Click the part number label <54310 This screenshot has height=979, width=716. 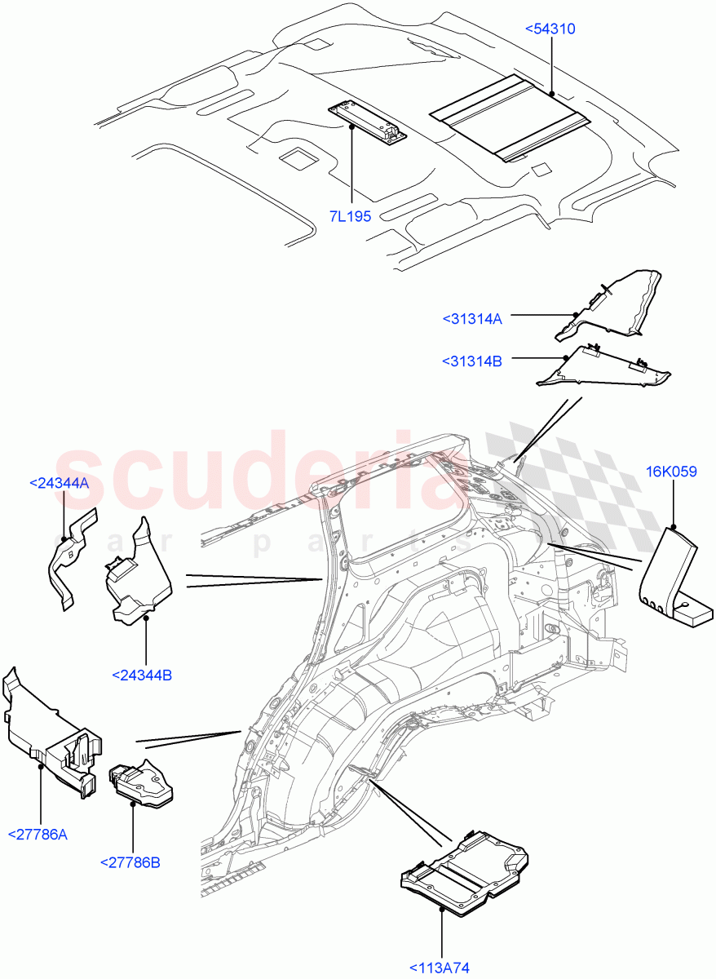(x=550, y=29)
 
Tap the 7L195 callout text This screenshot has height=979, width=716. (x=351, y=215)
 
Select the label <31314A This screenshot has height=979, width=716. (x=472, y=319)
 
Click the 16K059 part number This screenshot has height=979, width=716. (x=671, y=472)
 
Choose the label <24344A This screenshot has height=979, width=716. (x=59, y=483)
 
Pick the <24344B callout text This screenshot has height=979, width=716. (x=146, y=675)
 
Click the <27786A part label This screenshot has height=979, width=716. (x=38, y=834)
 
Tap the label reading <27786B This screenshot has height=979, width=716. (x=130, y=862)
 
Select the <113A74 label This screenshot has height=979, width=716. (x=440, y=968)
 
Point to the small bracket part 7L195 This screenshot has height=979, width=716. (x=369, y=122)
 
